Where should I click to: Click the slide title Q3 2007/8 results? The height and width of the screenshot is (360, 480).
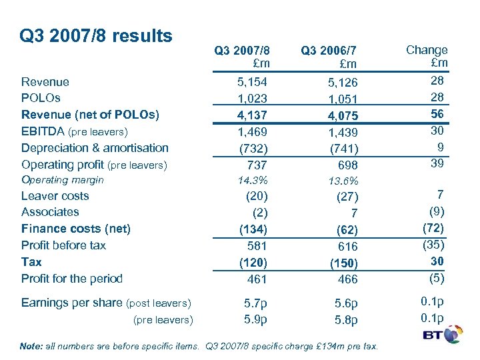click(97, 35)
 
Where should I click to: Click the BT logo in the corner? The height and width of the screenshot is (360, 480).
click(443, 334)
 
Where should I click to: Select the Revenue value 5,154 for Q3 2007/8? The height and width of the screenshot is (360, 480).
click(253, 82)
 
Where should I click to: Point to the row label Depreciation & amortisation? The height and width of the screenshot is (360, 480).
click(95, 148)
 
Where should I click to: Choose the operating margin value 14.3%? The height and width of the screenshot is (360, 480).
click(254, 180)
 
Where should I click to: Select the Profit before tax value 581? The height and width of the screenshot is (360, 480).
click(255, 245)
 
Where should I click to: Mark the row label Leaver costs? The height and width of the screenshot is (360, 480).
click(55, 196)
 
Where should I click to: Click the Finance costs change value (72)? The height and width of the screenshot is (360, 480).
click(434, 227)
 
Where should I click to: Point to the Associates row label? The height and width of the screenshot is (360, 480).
click(50, 212)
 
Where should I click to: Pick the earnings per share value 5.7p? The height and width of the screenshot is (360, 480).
click(254, 303)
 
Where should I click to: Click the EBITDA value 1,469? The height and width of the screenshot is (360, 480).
click(253, 132)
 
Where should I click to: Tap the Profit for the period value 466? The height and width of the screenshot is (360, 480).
click(347, 279)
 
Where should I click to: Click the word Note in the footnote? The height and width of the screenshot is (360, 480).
click(32, 346)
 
